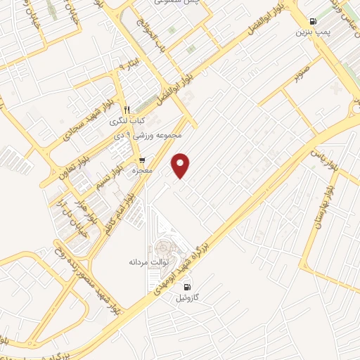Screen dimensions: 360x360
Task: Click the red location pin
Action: [182, 165]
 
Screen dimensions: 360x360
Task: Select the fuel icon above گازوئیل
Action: [187, 286]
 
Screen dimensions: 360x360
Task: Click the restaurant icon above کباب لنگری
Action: [127, 110]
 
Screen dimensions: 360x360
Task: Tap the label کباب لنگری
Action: [127, 120]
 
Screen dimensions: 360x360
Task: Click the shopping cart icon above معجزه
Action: [142, 160]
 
